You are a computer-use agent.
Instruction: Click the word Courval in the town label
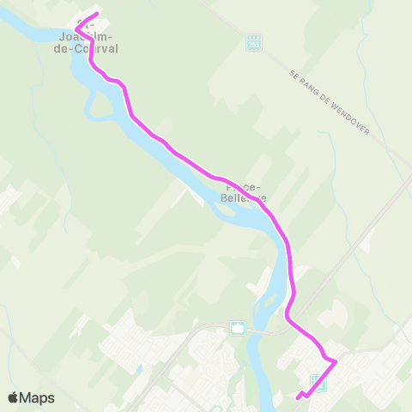[95, 50]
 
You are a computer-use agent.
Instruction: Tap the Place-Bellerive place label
[245, 191]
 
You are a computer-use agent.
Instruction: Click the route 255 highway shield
[253, 41]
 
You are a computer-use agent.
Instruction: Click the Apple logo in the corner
[13, 397]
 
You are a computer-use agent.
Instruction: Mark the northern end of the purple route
[97, 15]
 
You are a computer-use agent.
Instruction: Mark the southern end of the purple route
[298, 397]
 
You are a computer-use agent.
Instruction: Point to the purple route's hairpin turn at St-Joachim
[77, 28]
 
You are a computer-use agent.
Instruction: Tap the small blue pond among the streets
[138, 371]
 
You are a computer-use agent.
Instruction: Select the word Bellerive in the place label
[246, 197]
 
